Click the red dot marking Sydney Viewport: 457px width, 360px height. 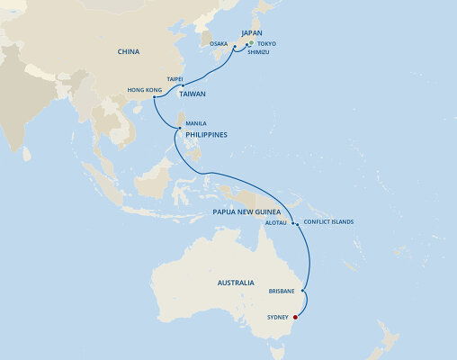(x=296, y=317)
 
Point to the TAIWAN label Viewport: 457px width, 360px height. (x=192, y=93)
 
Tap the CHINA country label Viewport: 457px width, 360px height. (x=129, y=52)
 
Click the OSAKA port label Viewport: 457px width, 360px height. (x=219, y=43)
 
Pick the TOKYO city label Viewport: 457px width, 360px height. (x=266, y=43)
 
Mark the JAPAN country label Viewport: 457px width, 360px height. (x=251, y=32)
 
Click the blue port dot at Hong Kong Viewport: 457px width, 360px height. (x=155, y=96)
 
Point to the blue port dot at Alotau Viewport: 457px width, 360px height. (x=293, y=216)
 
